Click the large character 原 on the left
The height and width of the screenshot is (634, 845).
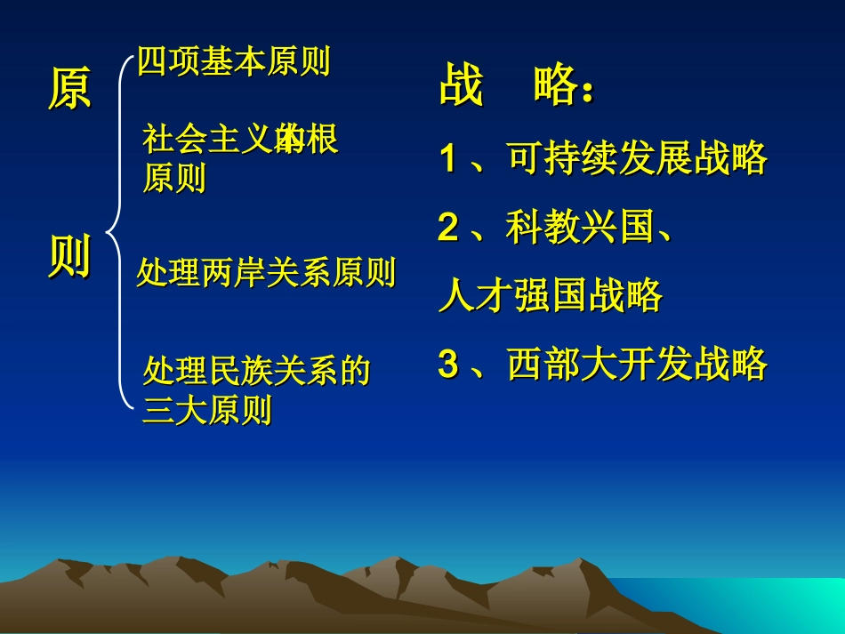point(69,89)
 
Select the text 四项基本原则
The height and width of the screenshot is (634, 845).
point(234,62)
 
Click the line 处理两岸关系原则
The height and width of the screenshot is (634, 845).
point(266,273)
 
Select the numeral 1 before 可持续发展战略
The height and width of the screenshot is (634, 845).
point(448,159)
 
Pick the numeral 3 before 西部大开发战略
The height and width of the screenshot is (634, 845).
point(448,364)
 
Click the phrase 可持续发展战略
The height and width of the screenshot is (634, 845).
point(637,159)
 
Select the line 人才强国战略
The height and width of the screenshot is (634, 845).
point(551,296)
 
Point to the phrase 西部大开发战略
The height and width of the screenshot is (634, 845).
point(637,364)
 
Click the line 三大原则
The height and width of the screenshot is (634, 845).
point(207,412)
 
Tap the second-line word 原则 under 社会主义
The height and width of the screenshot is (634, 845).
point(174,178)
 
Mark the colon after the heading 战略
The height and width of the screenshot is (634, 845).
point(587,93)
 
